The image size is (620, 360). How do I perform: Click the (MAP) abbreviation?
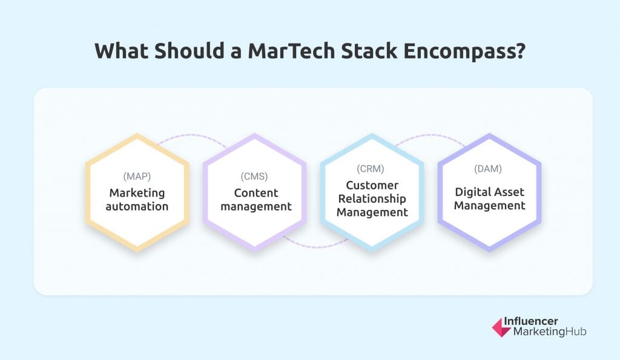137,177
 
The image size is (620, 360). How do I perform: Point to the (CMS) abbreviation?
255,177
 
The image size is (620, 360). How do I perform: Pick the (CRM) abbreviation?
372,170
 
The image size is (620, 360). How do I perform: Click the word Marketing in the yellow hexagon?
137,193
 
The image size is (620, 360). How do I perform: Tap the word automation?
137,206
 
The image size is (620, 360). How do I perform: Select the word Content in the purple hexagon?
255,193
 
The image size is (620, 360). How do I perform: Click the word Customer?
372,185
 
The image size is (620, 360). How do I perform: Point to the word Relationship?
372,198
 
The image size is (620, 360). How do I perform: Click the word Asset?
510,192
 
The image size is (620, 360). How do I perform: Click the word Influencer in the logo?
536,322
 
